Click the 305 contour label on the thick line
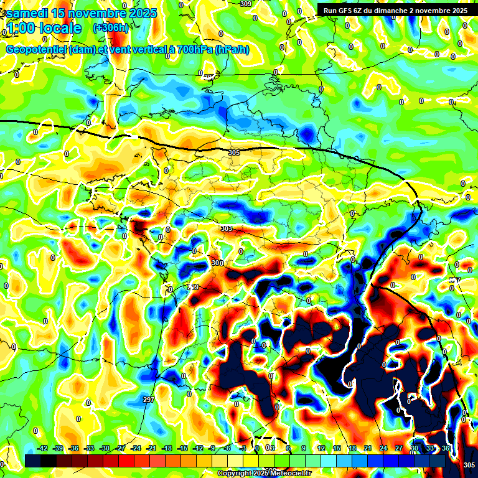pyautogui.click(x=234, y=152)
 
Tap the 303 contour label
pyautogui.click(x=227, y=229)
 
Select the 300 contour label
pyautogui.click(x=217, y=263)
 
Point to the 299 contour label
pyautogui.click(x=193, y=287)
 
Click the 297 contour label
pyautogui.click(x=148, y=400)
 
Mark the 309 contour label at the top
pyautogui.click(x=246, y=4)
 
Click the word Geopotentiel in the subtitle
pyautogui.click(x=37, y=50)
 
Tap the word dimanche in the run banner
pyautogui.click(x=405, y=11)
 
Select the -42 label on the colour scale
pyautogui.click(x=43, y=448)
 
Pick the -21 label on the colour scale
pyautogui.click(x=151, y=448)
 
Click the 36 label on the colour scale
pyautogui.click(x=446, y=448)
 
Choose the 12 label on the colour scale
pyautogui.click(x=321, y=448)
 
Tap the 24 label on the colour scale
pyautogui.click(x=383, y=448)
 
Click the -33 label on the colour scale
pyautogui.click(x=89, y=448)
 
